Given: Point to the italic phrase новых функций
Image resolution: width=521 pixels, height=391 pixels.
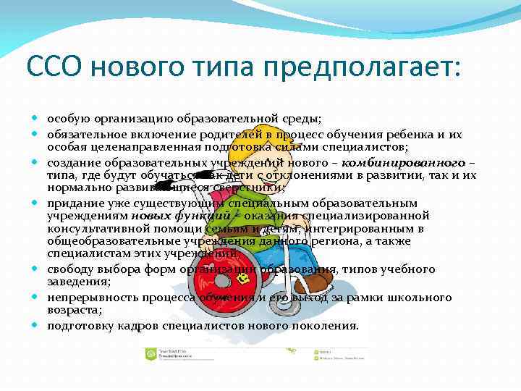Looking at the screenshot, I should click(x=181, y=215).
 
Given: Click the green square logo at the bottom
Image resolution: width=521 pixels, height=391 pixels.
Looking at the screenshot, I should click(x=151, y=354).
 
